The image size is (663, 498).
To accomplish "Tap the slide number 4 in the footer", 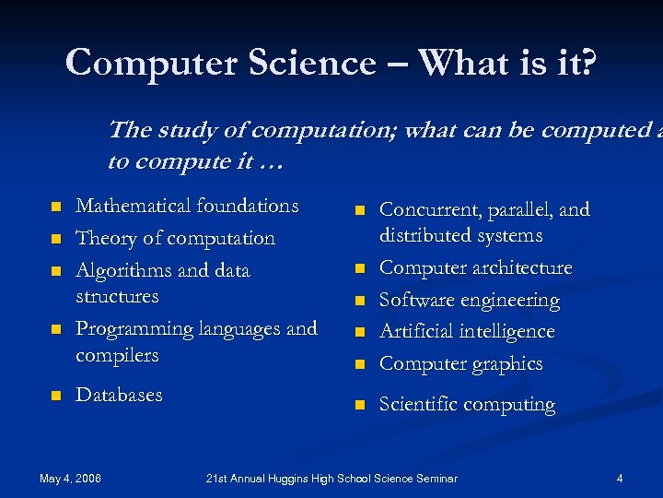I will click(x=620, y=478).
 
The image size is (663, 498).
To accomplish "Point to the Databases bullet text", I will click(x=119, y=395).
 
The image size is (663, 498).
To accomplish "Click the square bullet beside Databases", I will click(x=55, y=396).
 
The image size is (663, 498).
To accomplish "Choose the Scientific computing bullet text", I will click(x=467, y=404).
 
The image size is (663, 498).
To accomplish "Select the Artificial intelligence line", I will click(x=467, y=331).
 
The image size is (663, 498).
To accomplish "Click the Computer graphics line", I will click(x=460, y=363).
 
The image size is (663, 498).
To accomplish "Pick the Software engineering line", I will click(x=469, y=300).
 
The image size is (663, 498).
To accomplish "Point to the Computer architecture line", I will click(x=475, y=267).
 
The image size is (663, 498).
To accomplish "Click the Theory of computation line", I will click(x=175, y=238).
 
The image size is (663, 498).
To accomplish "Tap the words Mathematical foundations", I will click(x=187, y=206).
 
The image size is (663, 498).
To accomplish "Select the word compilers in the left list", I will click(x=117, y=355).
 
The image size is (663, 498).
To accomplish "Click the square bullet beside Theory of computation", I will click(x=55, y=239).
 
